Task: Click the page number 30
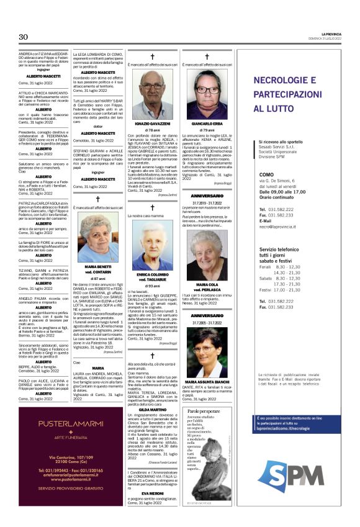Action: coord(24,37)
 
